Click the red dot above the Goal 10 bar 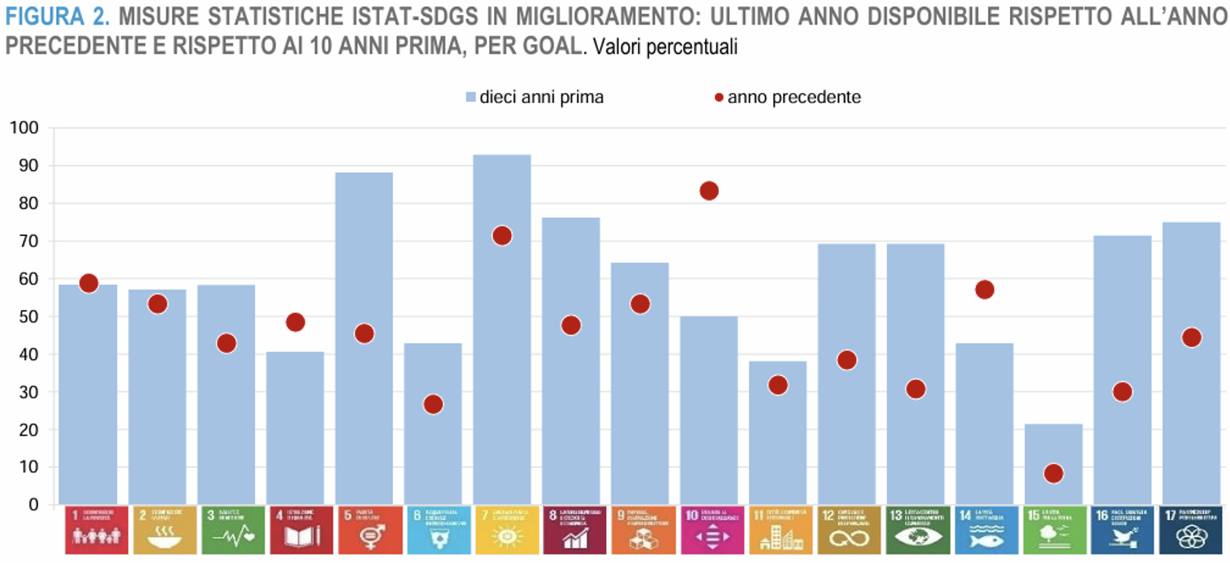[x=709, y=191]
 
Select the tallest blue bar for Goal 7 [x=501, y=330]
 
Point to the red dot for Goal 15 [x=1053, y=474]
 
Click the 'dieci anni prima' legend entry [x=535, y=97]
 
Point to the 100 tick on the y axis [x=24, y=128]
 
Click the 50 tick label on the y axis [x=29, y=317]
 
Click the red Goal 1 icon [x=96, y=530]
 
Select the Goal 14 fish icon [x=986, y=530]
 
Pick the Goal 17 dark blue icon [x=1191, y=530]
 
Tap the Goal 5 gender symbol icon [x=370, y=530]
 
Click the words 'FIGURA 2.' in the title [x=57, y=17]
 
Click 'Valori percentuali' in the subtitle [x=665, y=47]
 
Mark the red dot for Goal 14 [x=984, y=290]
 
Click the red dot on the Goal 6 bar [x=433, y=404]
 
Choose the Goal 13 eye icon [x=917, y=530]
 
